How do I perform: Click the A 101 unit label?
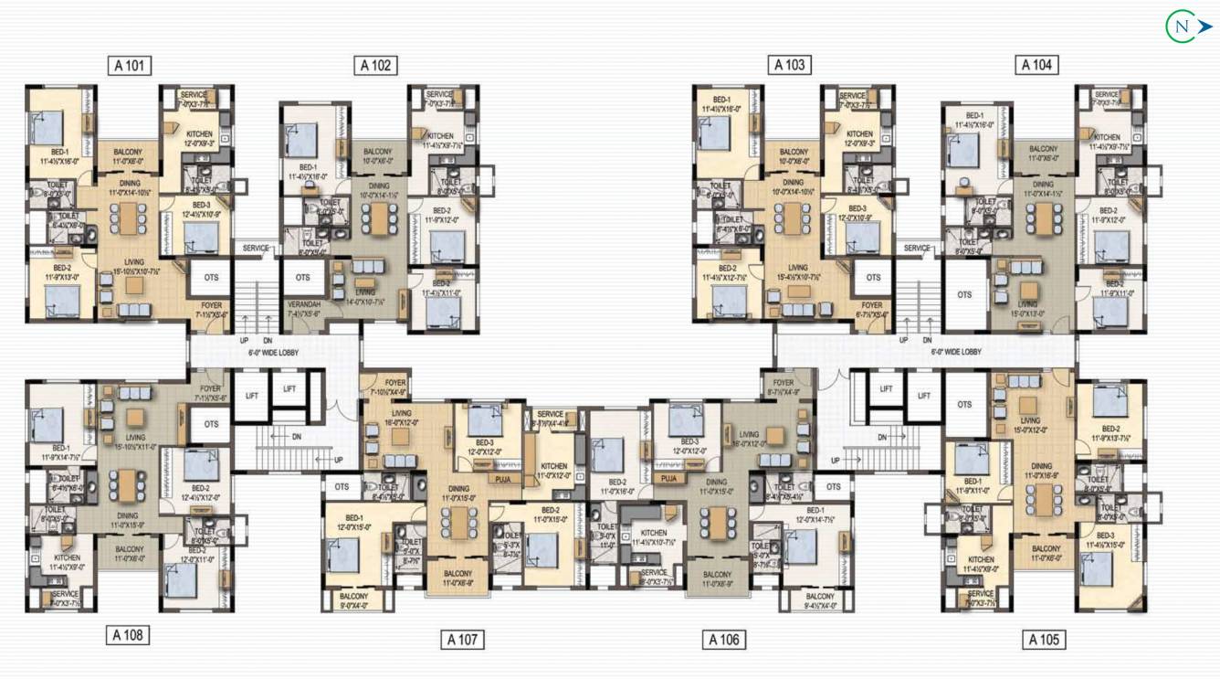pos(129,65)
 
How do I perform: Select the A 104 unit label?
pos(1036,65)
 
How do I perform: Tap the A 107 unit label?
pos(463,639)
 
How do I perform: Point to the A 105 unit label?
pos(1044,640)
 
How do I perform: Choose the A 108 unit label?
pos(128,634)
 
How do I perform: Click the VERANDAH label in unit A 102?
pos(301,304)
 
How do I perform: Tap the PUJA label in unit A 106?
pos(668,478)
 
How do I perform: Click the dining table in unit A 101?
pos(129,217)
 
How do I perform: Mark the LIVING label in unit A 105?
pos(1029,421)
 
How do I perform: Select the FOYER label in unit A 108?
pos(210,388)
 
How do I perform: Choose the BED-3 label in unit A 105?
pos(1105,536)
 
